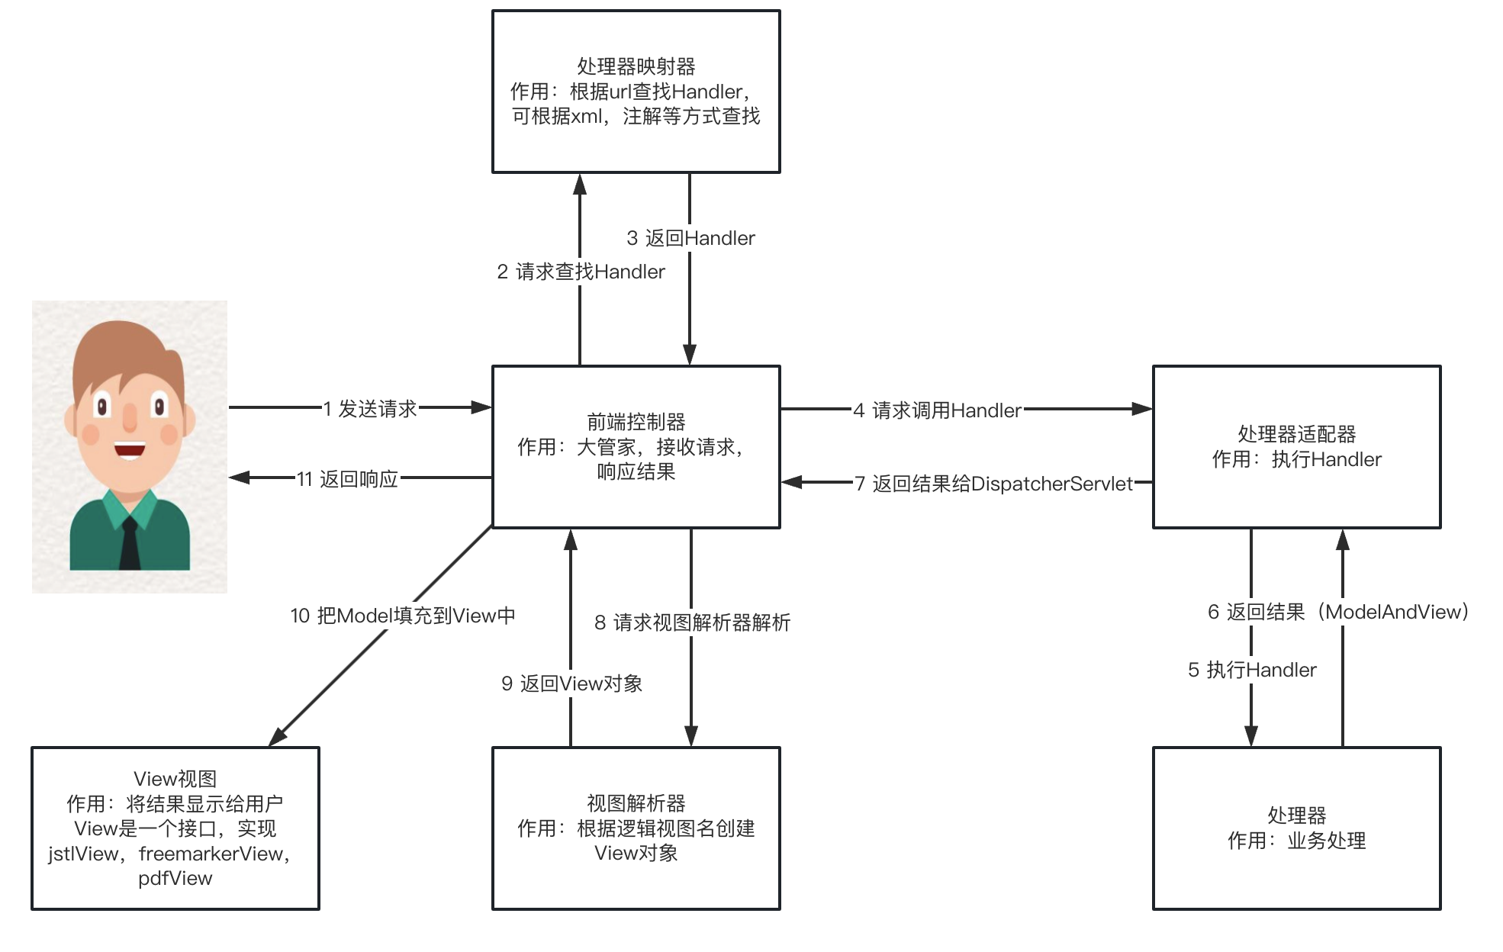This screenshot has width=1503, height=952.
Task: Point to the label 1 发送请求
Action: click(370, 409)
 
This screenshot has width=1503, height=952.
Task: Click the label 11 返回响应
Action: click(347, 479)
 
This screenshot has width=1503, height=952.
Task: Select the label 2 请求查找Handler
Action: click(581, 272)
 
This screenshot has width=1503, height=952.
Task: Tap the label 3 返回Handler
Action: click(690, 238)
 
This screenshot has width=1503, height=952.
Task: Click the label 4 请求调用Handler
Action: click(937, 410)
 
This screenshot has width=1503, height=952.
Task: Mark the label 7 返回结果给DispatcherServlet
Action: click(993, 484)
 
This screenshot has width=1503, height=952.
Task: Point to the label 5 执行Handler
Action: click(1252, 670)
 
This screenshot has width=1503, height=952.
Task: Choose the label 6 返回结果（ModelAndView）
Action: click(1338, 612)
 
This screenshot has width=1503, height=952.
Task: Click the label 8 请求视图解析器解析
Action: click(692, 622)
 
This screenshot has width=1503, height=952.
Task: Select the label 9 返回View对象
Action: click(571, 683)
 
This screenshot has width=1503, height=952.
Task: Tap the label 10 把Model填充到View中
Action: click(403, 616)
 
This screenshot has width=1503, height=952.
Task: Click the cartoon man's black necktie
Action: click(130, 543)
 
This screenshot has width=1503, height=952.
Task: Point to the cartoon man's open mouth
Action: click(130, 449)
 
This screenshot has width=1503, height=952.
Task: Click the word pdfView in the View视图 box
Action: click(175, 878)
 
